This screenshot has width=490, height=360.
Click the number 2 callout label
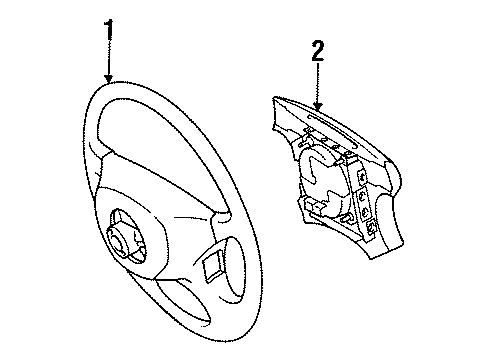[317, 51]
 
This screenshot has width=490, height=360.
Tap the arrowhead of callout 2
[317, 106]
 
